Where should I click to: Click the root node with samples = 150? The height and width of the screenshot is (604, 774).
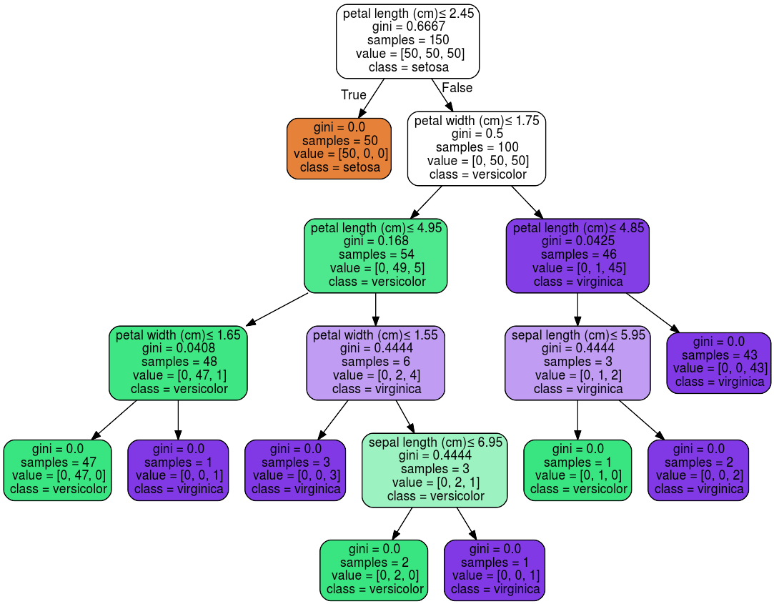point(407,41)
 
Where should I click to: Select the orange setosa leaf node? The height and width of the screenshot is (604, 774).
point(339,148)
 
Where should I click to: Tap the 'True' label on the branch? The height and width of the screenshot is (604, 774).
point(353,95)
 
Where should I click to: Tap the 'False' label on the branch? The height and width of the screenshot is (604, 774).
point(457,88)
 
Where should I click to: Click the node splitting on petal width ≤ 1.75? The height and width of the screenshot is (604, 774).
point(477,148)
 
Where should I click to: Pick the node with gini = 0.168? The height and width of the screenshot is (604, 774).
point(375,255)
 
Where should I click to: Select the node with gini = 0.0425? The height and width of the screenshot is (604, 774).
point(577,255)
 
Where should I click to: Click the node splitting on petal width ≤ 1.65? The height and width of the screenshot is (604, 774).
point(178,362)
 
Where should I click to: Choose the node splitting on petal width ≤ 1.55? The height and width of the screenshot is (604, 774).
point(375,362)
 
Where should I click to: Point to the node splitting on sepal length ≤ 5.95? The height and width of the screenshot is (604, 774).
point(577,362)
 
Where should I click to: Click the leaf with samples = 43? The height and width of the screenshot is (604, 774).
point(719,362)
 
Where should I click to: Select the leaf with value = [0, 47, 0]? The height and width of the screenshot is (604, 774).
point(57,470)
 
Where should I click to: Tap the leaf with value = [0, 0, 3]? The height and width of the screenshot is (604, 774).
point(295,470)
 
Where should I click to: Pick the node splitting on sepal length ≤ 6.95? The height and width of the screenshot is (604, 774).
point(435,470)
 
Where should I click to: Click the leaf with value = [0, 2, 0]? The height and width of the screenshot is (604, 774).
point(374,570)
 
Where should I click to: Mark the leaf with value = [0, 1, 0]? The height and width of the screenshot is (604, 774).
point(577,470)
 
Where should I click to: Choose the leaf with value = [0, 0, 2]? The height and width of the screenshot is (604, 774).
point(698,470)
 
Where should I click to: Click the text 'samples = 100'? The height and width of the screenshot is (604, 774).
point(477,147)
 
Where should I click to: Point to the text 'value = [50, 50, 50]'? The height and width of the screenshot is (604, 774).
point(408,54)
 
